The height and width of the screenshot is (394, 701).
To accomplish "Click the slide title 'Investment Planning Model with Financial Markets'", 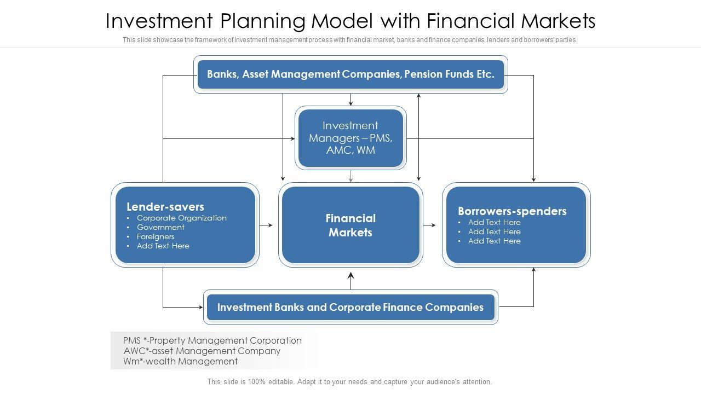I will click(x=350, y=21).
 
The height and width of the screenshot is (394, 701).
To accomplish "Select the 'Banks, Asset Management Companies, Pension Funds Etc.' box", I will click(x=350, y=74).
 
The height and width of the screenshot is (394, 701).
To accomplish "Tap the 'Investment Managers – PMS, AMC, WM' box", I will click(x=350, y=138).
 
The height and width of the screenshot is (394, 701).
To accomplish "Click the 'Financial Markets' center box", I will click(x=350, y=225).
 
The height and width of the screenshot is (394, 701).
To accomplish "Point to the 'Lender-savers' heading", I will click(x=165, y=206).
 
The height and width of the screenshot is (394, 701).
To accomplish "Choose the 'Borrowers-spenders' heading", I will click(x=512, y=211).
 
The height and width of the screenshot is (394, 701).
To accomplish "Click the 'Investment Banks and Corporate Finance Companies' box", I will click(x=350, y=307).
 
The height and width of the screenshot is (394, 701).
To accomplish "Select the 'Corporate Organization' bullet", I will click(x=181, y=218).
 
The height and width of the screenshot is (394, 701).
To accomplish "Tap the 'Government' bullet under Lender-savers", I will click(x=160, y=227).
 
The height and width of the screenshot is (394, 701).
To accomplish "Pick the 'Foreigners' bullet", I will click(x=156, y=236).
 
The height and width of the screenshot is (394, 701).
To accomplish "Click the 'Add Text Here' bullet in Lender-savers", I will click(x=163, y=246).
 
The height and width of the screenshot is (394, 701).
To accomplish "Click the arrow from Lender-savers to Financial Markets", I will click(x=266, y=225).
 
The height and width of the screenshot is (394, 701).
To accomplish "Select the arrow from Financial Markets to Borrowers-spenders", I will click(x=430, y=225).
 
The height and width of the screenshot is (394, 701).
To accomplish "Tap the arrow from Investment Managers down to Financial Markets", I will click(x=351, y=176).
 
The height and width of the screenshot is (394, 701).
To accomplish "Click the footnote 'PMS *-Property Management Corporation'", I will click(x=212, y=340).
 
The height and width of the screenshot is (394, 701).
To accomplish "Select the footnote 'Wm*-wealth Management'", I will click(x=181, y=361).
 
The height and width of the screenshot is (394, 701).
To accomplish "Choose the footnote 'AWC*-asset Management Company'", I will click(x=202, y=351).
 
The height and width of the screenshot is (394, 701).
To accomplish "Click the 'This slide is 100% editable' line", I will click(x=349, y=382).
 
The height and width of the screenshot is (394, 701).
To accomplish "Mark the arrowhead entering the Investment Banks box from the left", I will click(x=200, y=307).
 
